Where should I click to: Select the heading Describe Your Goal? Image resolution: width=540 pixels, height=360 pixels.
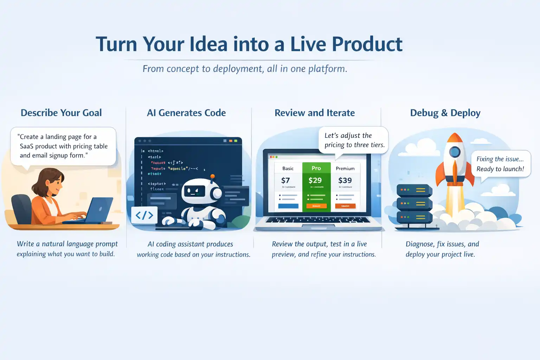pyautogui.click(x=61, y=113)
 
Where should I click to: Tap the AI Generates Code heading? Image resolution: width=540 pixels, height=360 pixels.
pyautogui.click(x=186, y=113)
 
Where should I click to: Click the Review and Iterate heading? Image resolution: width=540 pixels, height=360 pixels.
pyautogui.click(x=314, y=113)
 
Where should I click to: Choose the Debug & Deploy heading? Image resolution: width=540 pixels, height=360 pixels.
pyautogui.click(x=445, y=113)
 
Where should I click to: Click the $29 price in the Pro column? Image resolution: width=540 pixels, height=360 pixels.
pyautogui.click(x=315, y=180)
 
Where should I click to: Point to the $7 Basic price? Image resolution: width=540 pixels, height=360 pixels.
pyautogui.click(x=285, y=180)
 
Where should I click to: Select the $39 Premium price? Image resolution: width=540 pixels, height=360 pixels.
pyautogui.click(x=345, y=180)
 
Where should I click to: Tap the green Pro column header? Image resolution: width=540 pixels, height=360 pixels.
pyautogui.click(x=316, y=168)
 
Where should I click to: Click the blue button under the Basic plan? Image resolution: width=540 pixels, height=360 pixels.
pyautogui.click(x=288, y=206)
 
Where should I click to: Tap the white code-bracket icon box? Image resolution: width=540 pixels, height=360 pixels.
pyautogui.click(x=144, y=215)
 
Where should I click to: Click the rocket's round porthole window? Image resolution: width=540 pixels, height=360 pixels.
pyautogui.click(x=455, y=152)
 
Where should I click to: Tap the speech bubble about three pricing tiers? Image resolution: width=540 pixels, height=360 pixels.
pyautogui.click(x=354, y=140)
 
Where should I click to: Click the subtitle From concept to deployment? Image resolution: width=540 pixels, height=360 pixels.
pyautogui.click(x=245, y=69)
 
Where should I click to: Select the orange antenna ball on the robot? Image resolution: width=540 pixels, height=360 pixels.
pyautogui.click(x=212, y=176)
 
